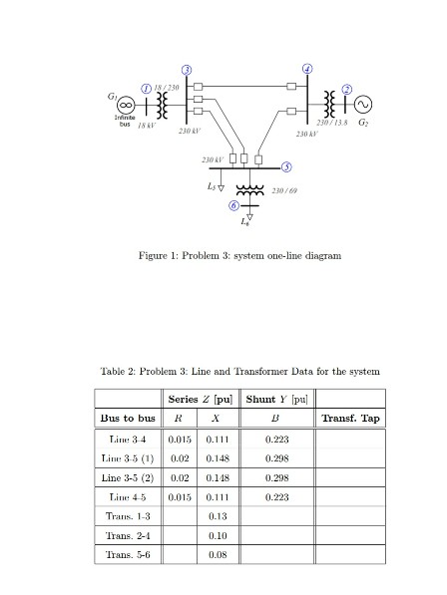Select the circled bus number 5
[x=286, y=164]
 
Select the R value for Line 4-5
[x=180, y=495]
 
